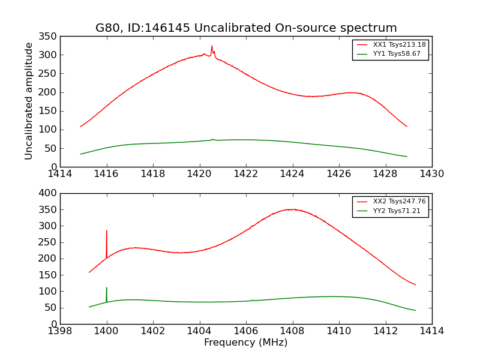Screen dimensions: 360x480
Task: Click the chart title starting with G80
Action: [246, 28]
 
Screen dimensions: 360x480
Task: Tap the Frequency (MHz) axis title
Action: [245, 343]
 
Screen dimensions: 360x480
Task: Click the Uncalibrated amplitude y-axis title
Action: [29, 101]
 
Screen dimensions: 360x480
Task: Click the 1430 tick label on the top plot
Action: [431, 173]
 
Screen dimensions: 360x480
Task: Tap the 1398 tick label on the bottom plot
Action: [60, 331]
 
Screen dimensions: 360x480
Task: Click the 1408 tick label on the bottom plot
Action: [292, 331]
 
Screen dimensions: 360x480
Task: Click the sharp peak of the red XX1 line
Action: [212, 46]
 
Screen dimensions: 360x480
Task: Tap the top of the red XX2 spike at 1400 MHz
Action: [107, 230]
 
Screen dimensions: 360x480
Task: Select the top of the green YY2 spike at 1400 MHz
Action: [107, 287]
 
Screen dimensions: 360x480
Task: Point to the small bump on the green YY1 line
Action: [212, 139]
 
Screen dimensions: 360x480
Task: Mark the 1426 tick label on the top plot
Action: [338, 173]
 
